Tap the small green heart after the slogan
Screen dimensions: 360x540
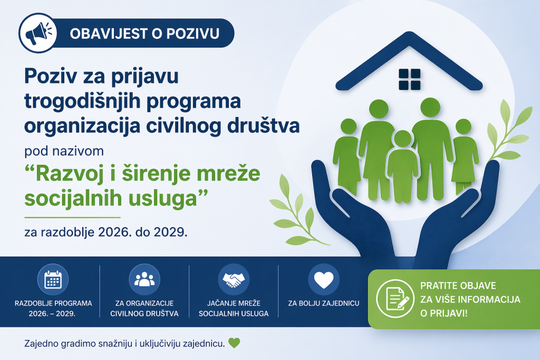[234, 343]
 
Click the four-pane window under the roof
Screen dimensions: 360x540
[410, 80]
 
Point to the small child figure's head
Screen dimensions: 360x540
[402, 139]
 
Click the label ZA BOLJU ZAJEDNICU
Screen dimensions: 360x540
[324, 304]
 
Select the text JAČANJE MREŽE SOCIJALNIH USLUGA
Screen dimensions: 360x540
[234, 308]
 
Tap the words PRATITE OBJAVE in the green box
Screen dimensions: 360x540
[458, 286]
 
